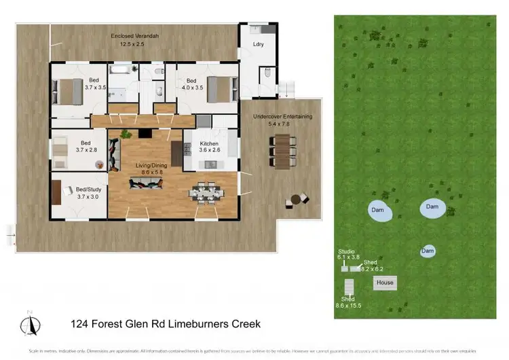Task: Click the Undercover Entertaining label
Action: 282,120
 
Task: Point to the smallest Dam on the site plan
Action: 428,251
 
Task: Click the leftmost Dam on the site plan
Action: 377,211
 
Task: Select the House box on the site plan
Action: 385,282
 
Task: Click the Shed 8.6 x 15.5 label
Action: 347,302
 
